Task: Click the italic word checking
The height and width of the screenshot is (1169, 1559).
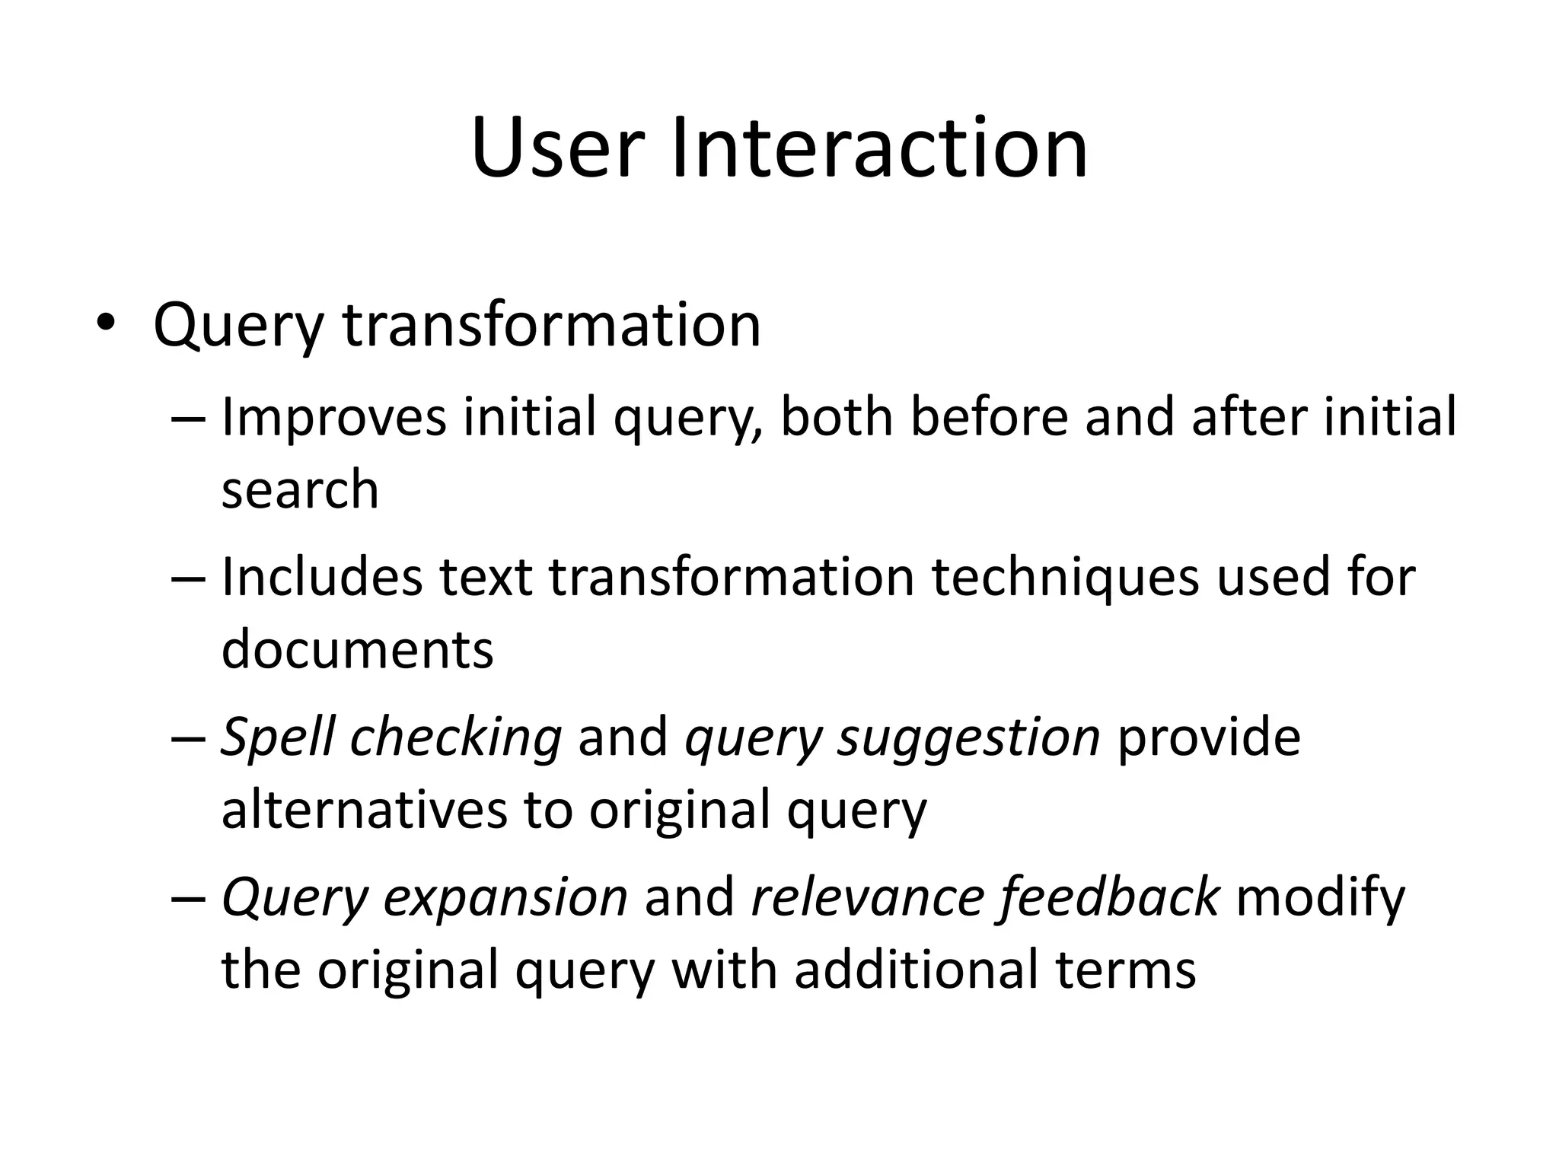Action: [x=455, y=738]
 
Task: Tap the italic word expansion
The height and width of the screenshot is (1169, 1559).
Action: [x=505, y=898]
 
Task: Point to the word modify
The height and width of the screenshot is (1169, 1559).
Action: [x=1321, y=898]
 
